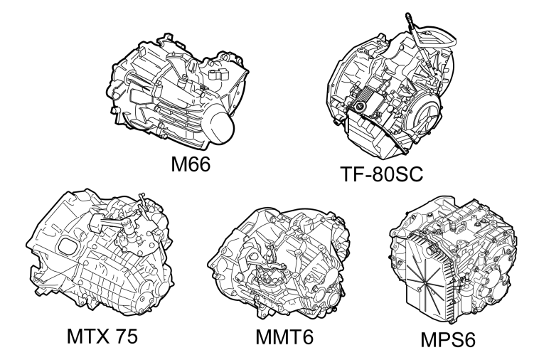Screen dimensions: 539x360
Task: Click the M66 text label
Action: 191,164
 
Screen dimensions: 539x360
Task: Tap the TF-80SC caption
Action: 382,174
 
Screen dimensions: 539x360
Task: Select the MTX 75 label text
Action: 102,336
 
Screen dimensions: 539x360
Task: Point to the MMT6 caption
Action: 284,337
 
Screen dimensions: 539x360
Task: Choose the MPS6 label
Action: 448,339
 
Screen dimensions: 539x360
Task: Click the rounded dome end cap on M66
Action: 221,127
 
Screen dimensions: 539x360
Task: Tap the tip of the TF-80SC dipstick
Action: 408,15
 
